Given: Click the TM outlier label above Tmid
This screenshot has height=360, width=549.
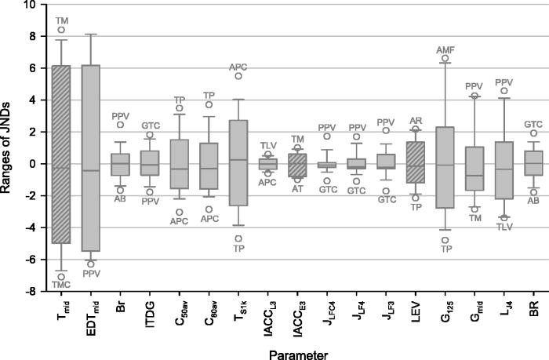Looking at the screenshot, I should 61,18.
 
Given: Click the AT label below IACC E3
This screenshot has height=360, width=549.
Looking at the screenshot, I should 297,189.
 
